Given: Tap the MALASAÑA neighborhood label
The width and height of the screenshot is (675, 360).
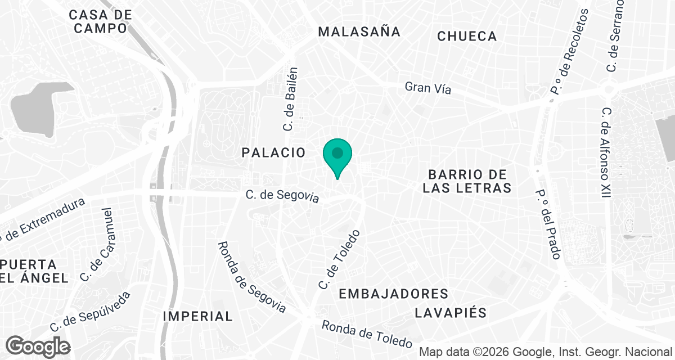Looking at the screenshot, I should point(359,31).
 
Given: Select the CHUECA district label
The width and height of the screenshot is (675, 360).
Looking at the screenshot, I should point(467,37).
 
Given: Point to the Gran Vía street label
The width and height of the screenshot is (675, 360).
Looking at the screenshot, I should point(428,88).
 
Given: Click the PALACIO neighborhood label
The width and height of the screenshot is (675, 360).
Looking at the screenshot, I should point(274,152).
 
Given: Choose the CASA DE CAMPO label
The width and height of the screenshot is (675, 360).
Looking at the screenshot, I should point(101,21).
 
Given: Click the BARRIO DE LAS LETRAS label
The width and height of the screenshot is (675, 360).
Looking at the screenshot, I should point(467,181).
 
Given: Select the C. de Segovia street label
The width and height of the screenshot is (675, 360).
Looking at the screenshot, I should point(282,196).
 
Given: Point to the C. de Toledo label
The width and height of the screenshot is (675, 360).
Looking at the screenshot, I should point(339,259).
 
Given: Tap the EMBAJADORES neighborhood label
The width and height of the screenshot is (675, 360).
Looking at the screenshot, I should point(394,294).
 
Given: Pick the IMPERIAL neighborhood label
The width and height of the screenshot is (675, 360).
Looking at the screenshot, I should point(197,316).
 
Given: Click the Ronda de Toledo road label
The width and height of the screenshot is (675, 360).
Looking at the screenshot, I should point(367,334).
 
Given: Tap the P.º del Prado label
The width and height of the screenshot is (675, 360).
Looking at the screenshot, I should point(548,224).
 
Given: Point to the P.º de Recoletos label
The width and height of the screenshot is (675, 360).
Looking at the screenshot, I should point(569,51).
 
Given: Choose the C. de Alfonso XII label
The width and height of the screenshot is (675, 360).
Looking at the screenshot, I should point(605,152).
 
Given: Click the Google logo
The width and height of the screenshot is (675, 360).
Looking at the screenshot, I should point(38,346).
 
